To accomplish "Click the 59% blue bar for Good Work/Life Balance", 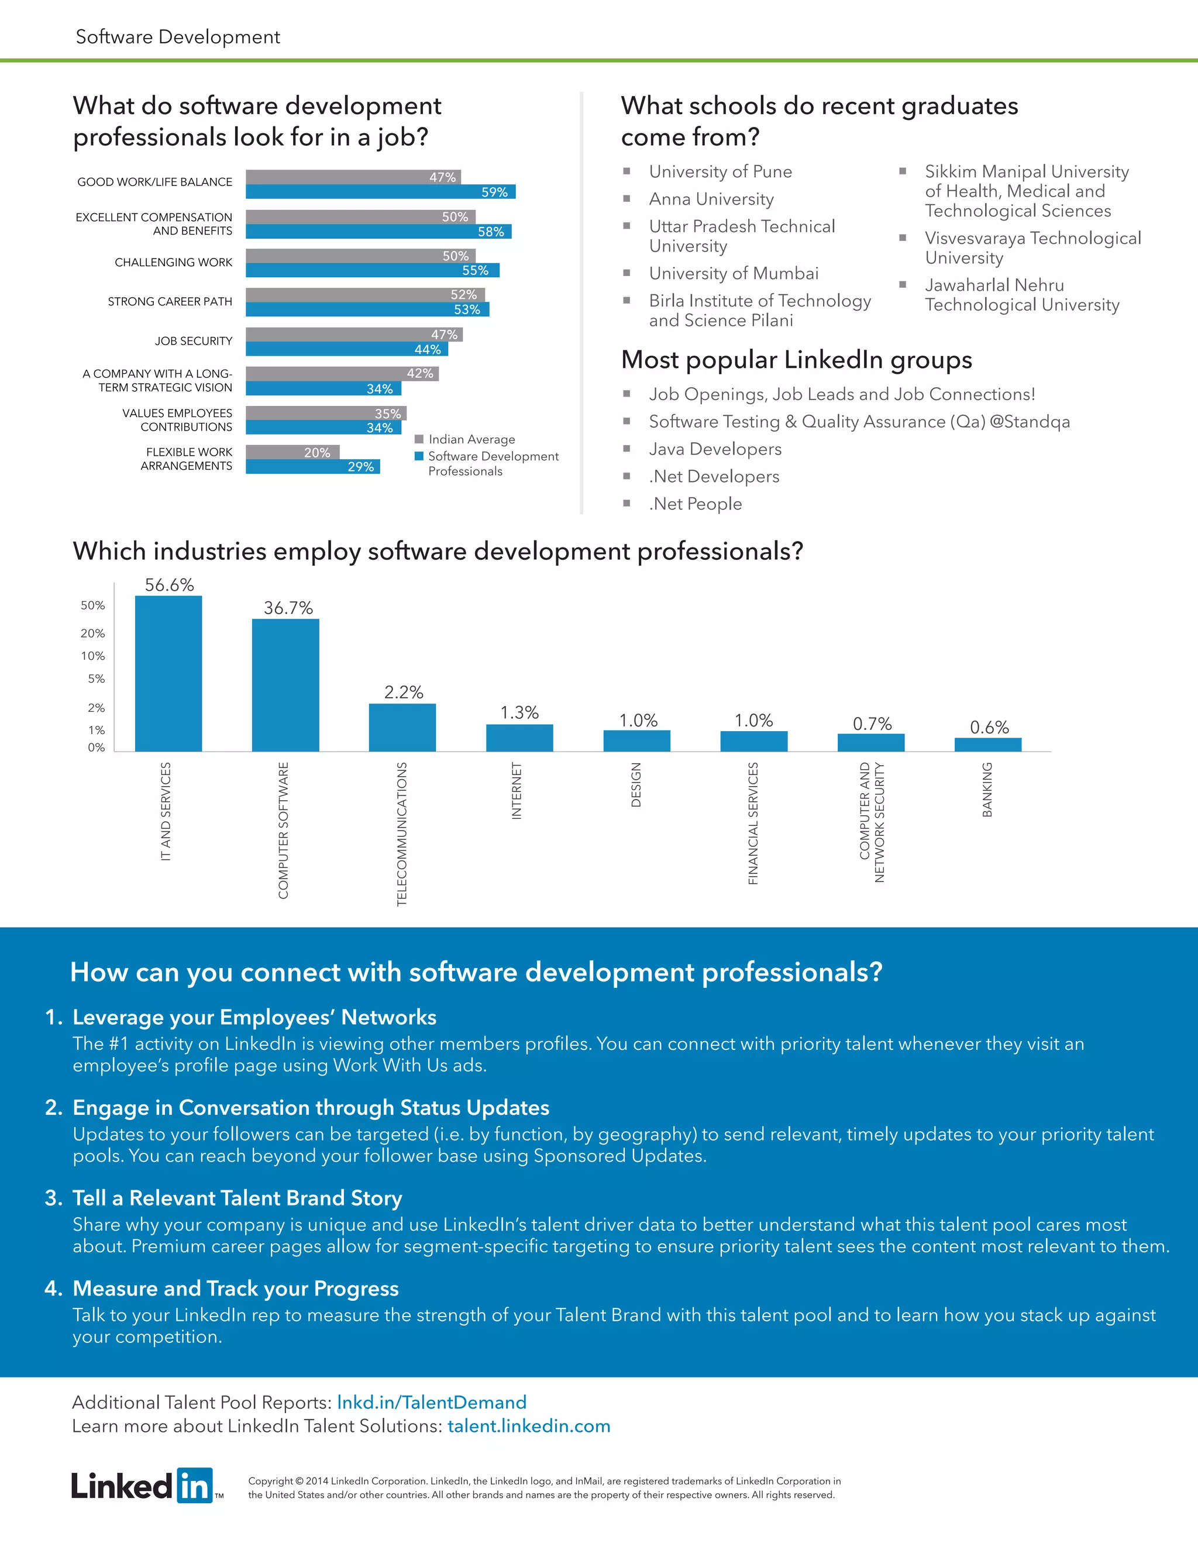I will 380,192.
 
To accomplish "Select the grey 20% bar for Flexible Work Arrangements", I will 292,452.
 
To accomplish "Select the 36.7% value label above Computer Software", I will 288,608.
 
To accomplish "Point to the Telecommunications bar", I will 402,728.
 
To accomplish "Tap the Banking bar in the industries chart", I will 988,745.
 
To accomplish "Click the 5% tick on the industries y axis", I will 96,679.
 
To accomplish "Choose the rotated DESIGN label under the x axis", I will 636,784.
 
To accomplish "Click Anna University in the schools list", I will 711,199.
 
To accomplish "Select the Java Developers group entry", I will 715,449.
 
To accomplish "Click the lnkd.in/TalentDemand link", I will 432,1403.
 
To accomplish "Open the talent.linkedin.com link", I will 529,1427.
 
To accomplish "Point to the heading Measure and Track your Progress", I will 236,1288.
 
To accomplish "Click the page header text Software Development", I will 178,37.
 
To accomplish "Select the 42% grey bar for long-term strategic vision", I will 342,374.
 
